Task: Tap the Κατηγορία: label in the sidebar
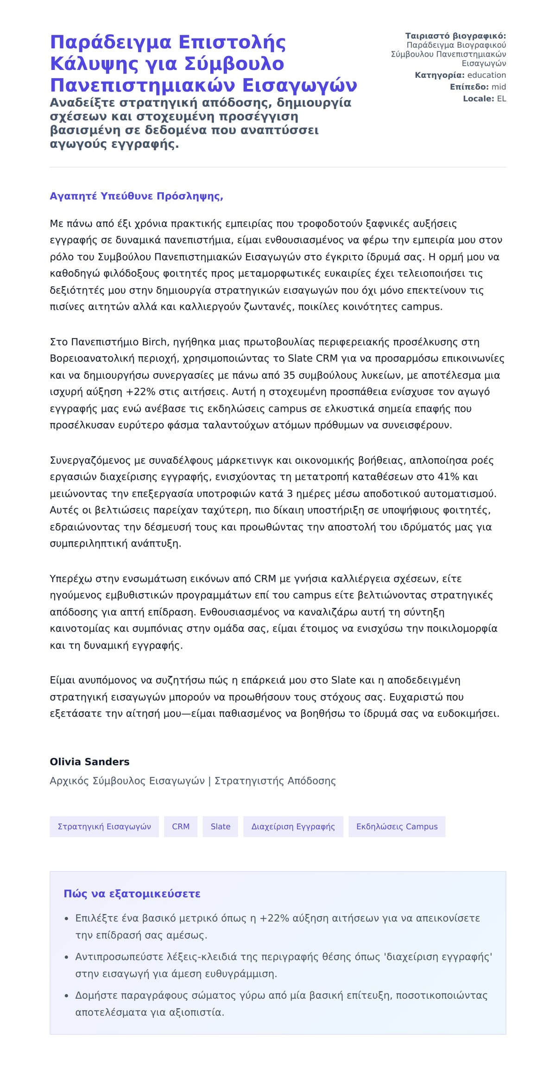point(440,75)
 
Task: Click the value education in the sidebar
point(486,75)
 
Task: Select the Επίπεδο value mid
point(499,87)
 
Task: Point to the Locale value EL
point(501,99)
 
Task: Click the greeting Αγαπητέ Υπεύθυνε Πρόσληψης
point(136,196)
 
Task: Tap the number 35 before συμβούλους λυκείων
point(289,376)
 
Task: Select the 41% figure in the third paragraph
point(449,477)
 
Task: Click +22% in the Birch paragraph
point(140,392)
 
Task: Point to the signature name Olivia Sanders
point(89,762)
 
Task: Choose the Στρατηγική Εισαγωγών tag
point(104,826)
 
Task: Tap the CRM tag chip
point(181,826)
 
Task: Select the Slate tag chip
point(221,826)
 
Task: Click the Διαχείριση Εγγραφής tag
point(293,826)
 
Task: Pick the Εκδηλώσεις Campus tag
point(397,826)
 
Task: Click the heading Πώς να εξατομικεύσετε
point(132,894)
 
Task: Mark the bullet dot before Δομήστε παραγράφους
point(66,996)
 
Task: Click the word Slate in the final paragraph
point(343,681)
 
